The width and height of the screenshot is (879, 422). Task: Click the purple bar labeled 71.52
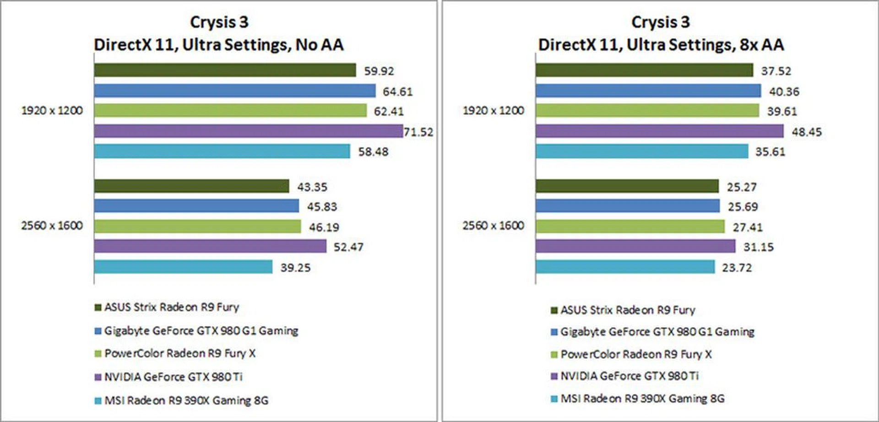tap(248, 131)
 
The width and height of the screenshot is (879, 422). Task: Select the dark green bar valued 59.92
tap(225, 70)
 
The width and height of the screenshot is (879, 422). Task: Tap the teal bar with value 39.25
tap(183, 267)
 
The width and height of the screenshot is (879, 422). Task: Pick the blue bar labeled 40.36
tap(648, 91)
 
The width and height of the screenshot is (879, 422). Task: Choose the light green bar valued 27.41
tap(630, 227)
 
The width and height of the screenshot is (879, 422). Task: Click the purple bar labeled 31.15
tap(635, 247)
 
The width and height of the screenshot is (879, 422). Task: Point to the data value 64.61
tap(397, 92)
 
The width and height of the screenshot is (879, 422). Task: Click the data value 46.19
tap(324, 227)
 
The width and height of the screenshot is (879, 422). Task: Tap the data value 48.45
tap(807, 132)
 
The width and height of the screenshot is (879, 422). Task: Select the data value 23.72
tap(737, 267)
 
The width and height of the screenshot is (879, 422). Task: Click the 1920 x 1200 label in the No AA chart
tap(52, 111)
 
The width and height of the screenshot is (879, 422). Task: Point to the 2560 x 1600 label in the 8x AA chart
tap(493, 226)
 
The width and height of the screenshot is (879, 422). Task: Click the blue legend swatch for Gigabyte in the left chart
tap(98, 331)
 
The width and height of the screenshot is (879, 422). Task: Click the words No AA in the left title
tap(319, 45)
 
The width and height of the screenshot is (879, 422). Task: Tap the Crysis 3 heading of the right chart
tap(660, 22)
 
